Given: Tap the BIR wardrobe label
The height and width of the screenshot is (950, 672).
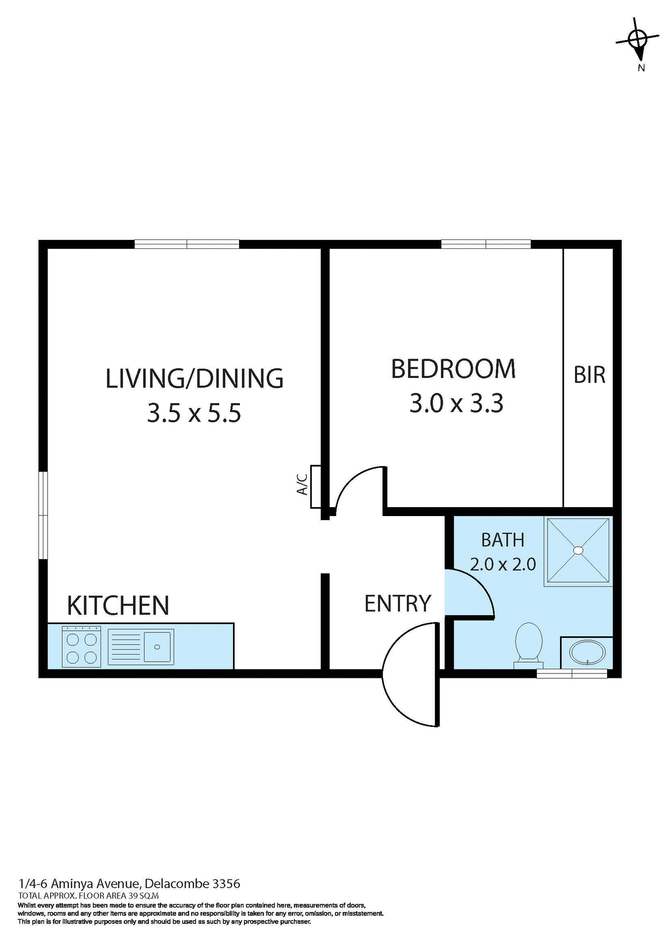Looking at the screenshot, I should [x=589, y=375].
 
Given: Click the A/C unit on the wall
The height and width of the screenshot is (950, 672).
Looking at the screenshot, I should [x=316, y=487].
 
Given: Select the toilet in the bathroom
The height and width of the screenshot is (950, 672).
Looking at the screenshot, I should [x=528, y=644].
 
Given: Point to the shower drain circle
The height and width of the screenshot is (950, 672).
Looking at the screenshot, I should [x=578, y=550].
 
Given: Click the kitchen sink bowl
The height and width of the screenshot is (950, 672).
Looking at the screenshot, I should [x=157, y=646].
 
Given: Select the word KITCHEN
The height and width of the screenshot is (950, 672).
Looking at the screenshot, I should [x=118, y=605].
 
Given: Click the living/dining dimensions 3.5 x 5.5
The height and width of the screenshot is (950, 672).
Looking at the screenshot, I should [x=194, y=413].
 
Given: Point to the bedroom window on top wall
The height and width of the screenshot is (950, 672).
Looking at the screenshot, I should [x=485, y=244].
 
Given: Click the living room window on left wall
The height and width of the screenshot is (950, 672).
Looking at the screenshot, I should [x=44, y=516].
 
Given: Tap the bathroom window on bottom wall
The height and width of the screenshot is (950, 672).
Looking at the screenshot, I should [x=572, y=673].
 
